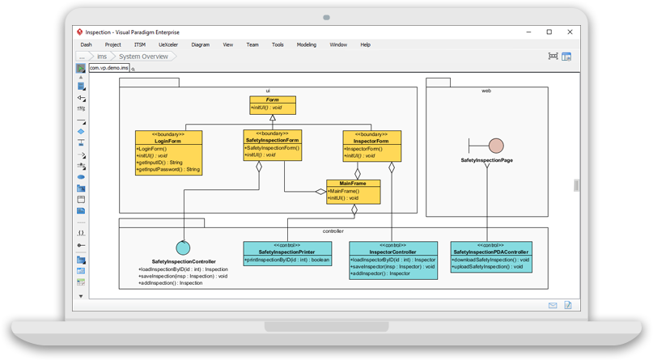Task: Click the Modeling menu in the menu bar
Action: [306, 44]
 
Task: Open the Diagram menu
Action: [200, 44]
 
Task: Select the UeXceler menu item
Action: [168, 44]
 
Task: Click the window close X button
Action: [570, 32]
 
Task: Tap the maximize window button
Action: [549, 32]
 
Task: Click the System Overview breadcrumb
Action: [143, 57]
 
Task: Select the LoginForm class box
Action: [168, 153]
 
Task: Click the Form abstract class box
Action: [273, 104]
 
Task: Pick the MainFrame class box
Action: [353, 190]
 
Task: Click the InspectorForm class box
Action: [371, 146]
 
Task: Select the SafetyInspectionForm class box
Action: [272, 145]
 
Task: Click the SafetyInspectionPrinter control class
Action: [287, 253]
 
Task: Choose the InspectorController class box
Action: [392, 260]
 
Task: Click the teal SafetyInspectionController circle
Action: [183, 248]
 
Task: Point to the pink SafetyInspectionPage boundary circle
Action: [496, 146]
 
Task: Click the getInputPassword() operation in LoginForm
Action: [168, 170]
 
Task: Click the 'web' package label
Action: [486, 91]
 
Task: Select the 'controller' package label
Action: [333, 231]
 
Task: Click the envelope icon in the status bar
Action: [553, 305]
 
